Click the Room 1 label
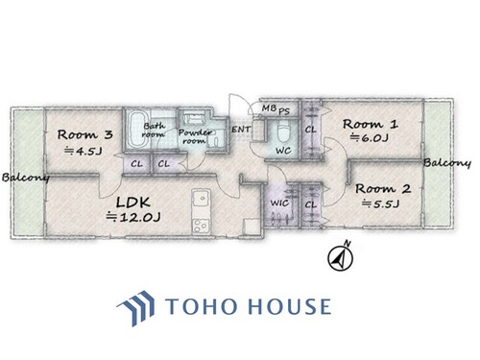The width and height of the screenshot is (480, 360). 371,124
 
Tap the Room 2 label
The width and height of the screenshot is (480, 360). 383,189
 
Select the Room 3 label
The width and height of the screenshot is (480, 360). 85,134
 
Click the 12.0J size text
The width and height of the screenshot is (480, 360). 133,217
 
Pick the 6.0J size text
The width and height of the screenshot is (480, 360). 370,138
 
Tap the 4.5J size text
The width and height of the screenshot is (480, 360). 84,151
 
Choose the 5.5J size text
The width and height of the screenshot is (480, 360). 381,204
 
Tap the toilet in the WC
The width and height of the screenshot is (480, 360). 283,132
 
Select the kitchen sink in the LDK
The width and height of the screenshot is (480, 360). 202,199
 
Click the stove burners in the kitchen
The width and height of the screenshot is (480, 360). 201,226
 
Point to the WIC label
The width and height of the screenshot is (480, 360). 279,203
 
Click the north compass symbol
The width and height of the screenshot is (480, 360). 341,256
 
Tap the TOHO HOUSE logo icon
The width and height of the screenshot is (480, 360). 135,307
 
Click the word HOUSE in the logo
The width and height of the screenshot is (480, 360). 290,306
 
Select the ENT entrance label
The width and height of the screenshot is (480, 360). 241,130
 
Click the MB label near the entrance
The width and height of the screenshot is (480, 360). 269,108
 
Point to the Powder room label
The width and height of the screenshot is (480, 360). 195,136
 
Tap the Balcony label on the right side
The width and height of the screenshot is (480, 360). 447,163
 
